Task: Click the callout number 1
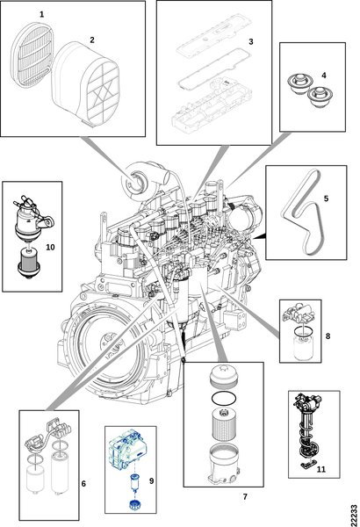coord(41,14)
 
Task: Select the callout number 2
coord(92,40)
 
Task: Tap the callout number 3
coord(251,41)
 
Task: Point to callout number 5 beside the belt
coord(326,199)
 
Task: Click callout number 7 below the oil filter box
coord(245,496)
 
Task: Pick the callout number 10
coord(50,248)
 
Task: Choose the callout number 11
coord(321,469)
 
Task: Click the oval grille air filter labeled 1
coord(32,55)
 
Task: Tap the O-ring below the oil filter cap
coord(224,399)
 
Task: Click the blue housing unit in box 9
coord(128,450)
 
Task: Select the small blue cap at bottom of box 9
coord(134,505)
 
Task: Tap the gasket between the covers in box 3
coord(215,69)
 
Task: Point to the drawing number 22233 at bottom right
coord(354,516)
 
